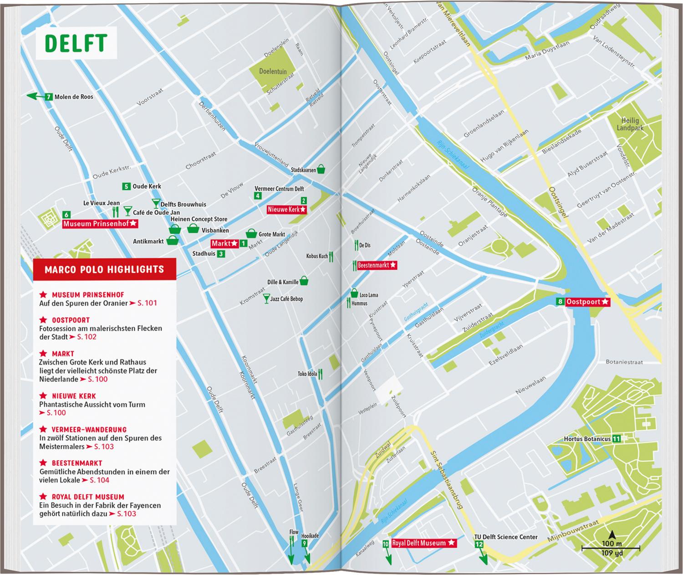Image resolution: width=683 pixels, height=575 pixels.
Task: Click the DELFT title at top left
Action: (76, 42)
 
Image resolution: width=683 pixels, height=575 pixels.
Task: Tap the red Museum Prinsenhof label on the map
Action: (100, 224)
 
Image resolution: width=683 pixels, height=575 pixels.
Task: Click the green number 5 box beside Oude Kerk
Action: (126, 186)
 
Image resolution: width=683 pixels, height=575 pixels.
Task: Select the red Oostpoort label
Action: (587, 302)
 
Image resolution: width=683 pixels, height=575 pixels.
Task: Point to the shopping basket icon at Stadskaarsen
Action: (321, 169)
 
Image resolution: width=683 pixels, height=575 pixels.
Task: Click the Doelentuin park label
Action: (273, 71)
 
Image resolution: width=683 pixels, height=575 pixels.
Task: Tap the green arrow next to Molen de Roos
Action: (35, 96)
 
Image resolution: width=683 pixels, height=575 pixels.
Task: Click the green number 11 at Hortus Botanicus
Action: (616, 439)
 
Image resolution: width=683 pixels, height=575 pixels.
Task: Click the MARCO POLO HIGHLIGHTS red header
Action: (104, 269)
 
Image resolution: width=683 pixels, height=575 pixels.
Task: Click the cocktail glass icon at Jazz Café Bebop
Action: (266, 298)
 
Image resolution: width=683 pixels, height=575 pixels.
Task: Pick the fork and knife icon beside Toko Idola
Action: (321, 374)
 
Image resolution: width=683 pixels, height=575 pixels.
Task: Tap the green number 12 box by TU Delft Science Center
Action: (479, 544)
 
